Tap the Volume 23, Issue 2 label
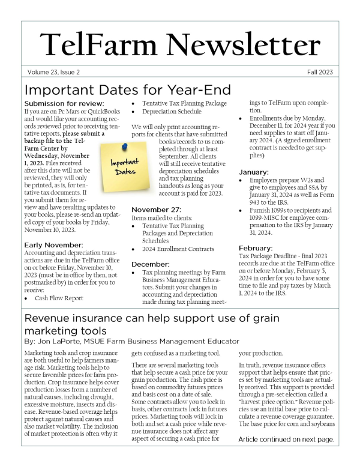click(x=53, y=72)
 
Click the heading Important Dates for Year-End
click(x=128, y=90)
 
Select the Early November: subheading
click(x=51, y=244)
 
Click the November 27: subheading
click(x=155, y=210)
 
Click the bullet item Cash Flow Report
click(x=59, y=298)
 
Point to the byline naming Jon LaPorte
click(x=132, y=341)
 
